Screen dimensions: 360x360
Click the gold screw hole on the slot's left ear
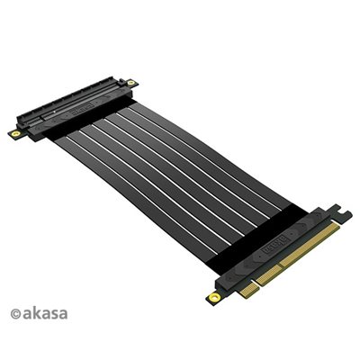click(15, 131)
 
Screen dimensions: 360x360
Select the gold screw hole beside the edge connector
click(212, 295)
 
